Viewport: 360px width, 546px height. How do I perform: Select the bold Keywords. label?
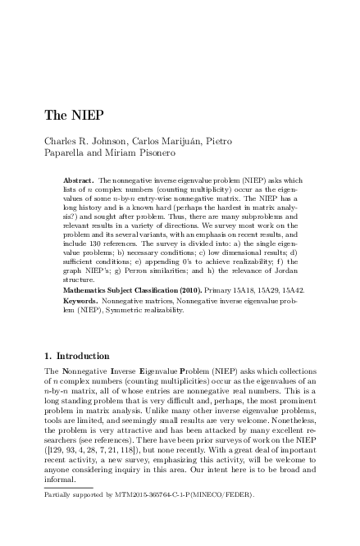(80, 301)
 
